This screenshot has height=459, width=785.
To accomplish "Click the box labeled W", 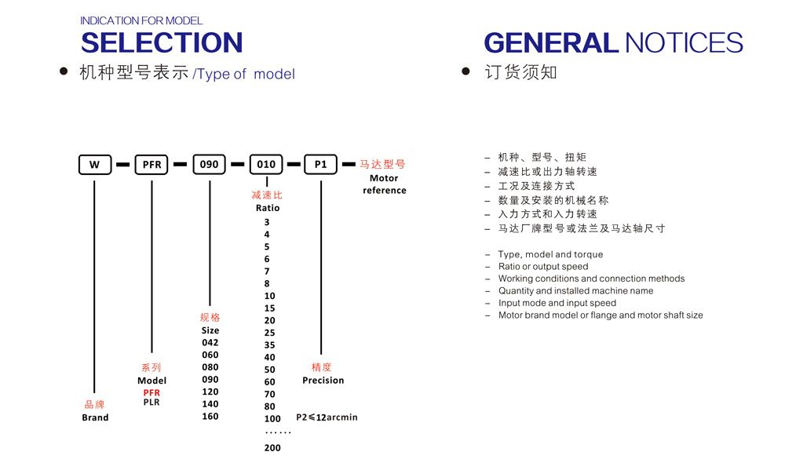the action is pyautogui.click(x=95, y=165).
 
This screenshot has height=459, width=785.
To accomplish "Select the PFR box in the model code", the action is pyautogui.click(x=152, y=165).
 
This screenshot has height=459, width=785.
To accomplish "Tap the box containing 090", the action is pyautogui.click(x=210, y=164).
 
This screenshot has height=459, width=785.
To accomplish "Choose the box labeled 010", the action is pyautogui.click(x=266, y=164).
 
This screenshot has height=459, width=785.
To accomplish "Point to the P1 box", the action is pyautogui.click(x=320, y=164).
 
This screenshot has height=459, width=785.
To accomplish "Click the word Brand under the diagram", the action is pyautogui.click(x=95, y=417).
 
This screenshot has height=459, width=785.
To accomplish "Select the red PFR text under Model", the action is pyautogui.click(x=152, y=392).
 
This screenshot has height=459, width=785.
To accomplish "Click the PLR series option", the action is pyautogui.click(x=152, y=402).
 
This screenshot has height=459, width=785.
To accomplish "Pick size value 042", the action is pyautogui.click(x=210, y=342).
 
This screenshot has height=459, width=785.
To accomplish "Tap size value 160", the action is pyautogui.click(x=210, y=416).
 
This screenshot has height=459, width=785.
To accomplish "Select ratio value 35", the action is pyautogui.click(x=270, y=345).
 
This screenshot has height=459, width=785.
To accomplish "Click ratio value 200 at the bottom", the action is pyautogui.click(x=272, y=447).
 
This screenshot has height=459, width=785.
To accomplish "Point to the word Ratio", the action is pyautogui.click(x=268, y=208).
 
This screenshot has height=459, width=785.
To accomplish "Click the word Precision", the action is pyautogui.click(x=323, y=381).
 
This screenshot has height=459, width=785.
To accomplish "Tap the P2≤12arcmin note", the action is pyautogui.click(x=327, y=417).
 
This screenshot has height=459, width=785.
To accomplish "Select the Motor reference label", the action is pyautogui.click(x=385, y=184).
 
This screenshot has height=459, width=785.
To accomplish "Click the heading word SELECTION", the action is pyautogui.click(x=162, y=42).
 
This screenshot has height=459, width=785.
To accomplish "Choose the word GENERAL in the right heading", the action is pyautogui.click(x=551, y=42).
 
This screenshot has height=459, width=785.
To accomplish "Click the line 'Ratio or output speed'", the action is pyautogui.click(x=543, y=266).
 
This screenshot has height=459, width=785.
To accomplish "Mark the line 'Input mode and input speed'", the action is pyautogui.click(x=557, y=303).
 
